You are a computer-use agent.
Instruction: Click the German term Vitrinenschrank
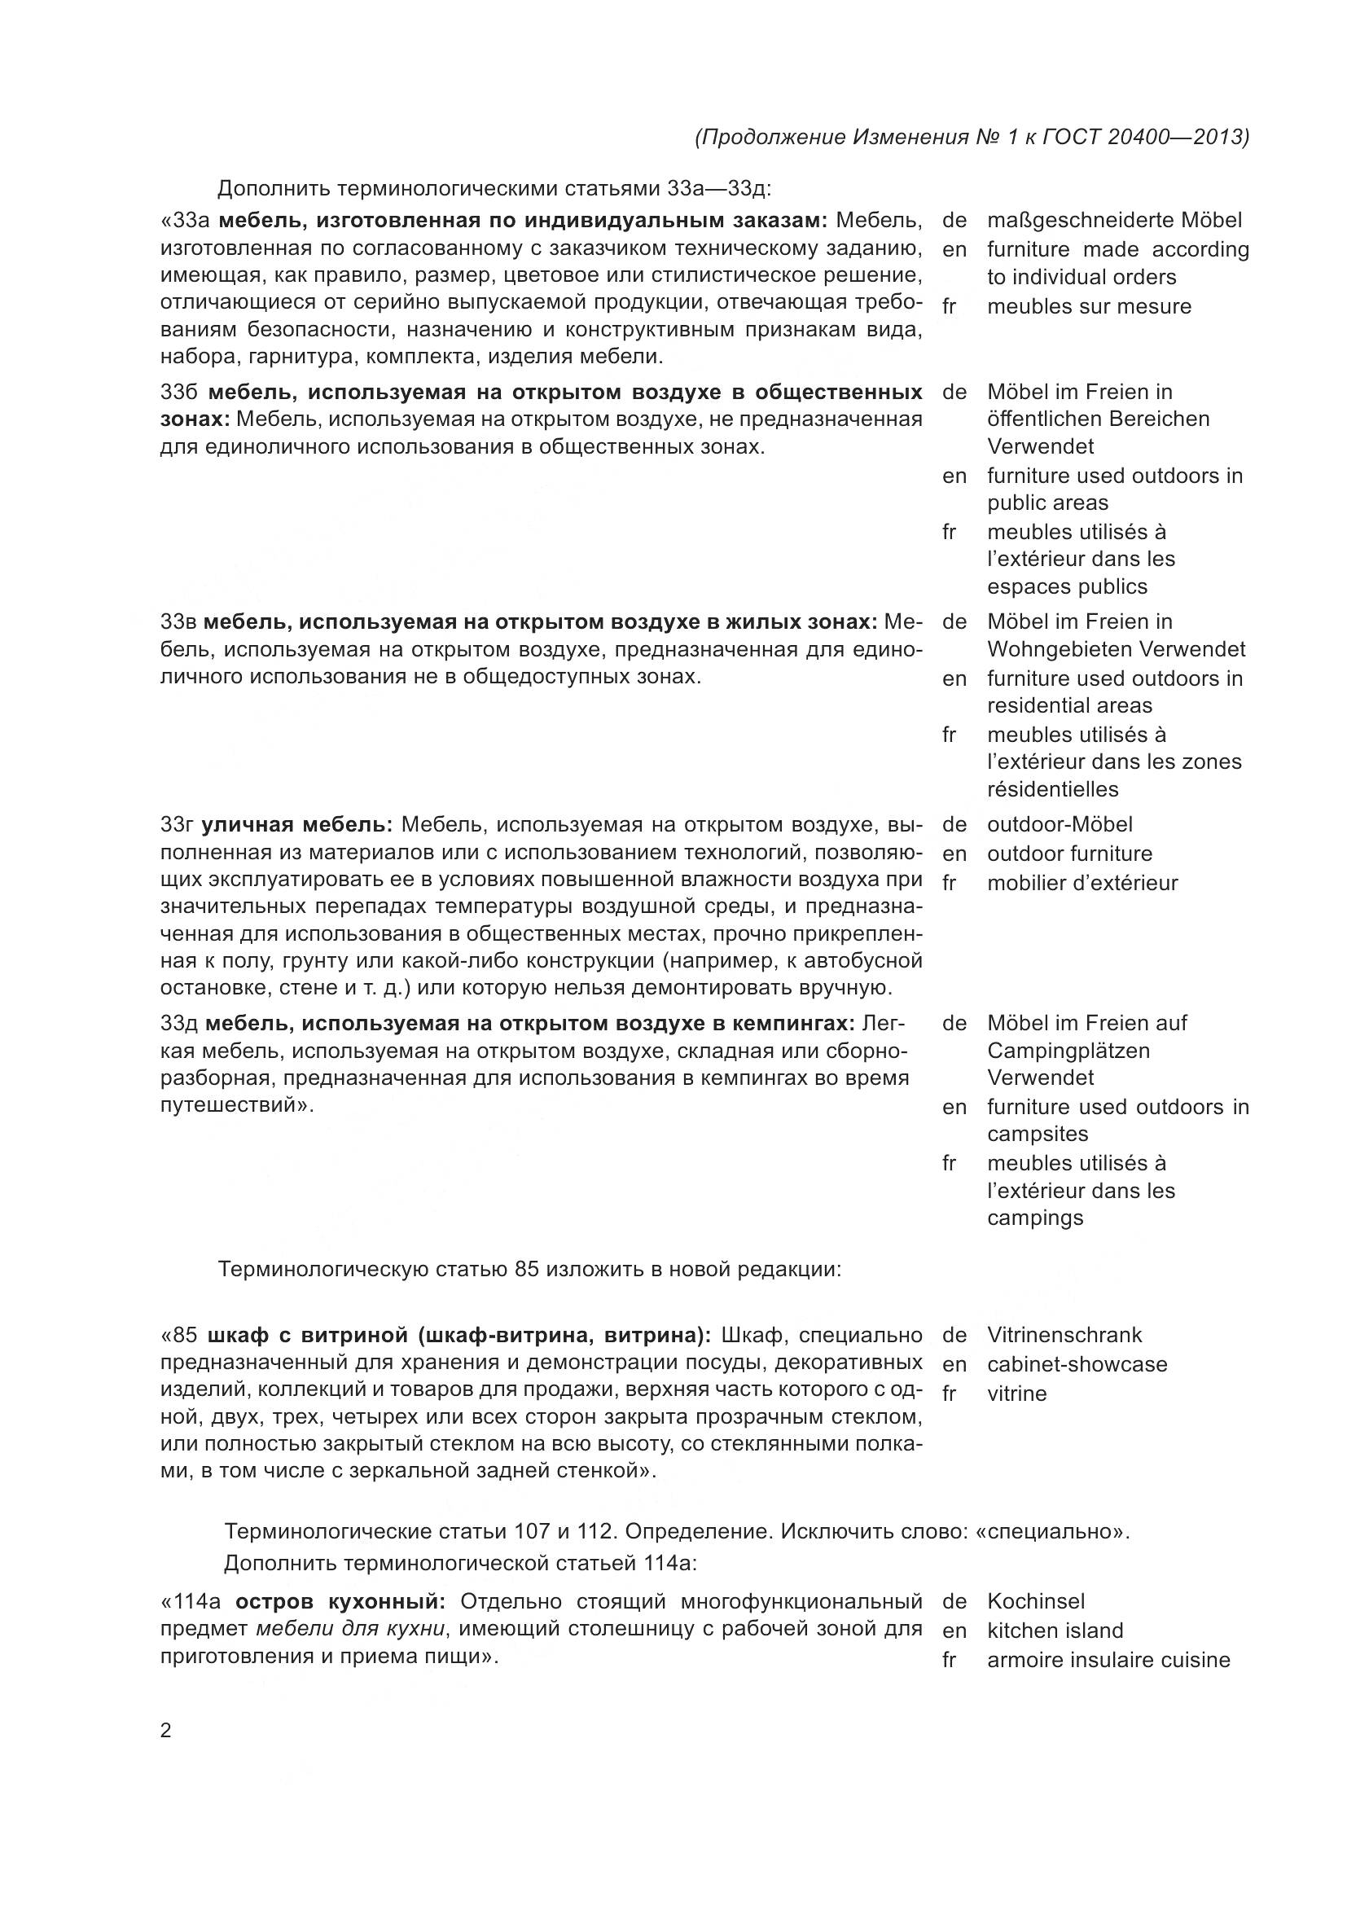(x=1064, y=1335)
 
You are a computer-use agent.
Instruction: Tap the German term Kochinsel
(x=1036, y=1601)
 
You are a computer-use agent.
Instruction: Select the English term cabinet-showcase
(x=1077, y=1364)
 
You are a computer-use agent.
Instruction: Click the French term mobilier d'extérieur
(x=1082, y=883)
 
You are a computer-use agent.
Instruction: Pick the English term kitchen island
(x=1055, y=1631)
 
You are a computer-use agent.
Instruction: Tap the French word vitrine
(x=1017, y=1393)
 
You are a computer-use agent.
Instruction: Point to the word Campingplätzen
(x=1068, y=1051)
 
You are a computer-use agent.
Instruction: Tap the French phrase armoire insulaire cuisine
(x=1108, y=1660)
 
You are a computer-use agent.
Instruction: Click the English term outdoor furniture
(x=1069, y=854)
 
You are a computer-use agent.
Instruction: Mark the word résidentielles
(x=1052, y=789)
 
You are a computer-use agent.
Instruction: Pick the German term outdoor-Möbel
(x=1060, y=825)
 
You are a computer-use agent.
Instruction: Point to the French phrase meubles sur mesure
(x=1088, y=306)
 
